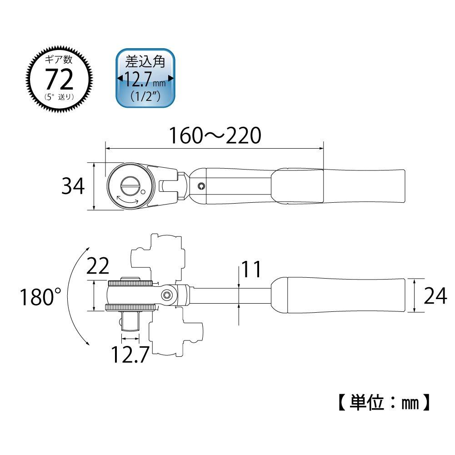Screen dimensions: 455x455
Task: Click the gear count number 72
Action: [x=59, y=80]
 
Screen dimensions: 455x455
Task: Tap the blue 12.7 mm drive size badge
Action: [x=145, y=78]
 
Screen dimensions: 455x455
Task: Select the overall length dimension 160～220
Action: [x=215, y=135]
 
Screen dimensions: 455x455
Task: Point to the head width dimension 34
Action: [x=73, y=186]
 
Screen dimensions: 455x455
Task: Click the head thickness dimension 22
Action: [x=98, y=266]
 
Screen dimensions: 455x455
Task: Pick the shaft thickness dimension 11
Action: [x=251, y=269]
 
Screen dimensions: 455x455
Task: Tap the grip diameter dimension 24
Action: [x=435, y=296]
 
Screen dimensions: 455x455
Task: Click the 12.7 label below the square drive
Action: [x=130, y=355]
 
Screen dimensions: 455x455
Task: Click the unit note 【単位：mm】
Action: [x=384, y=402]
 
